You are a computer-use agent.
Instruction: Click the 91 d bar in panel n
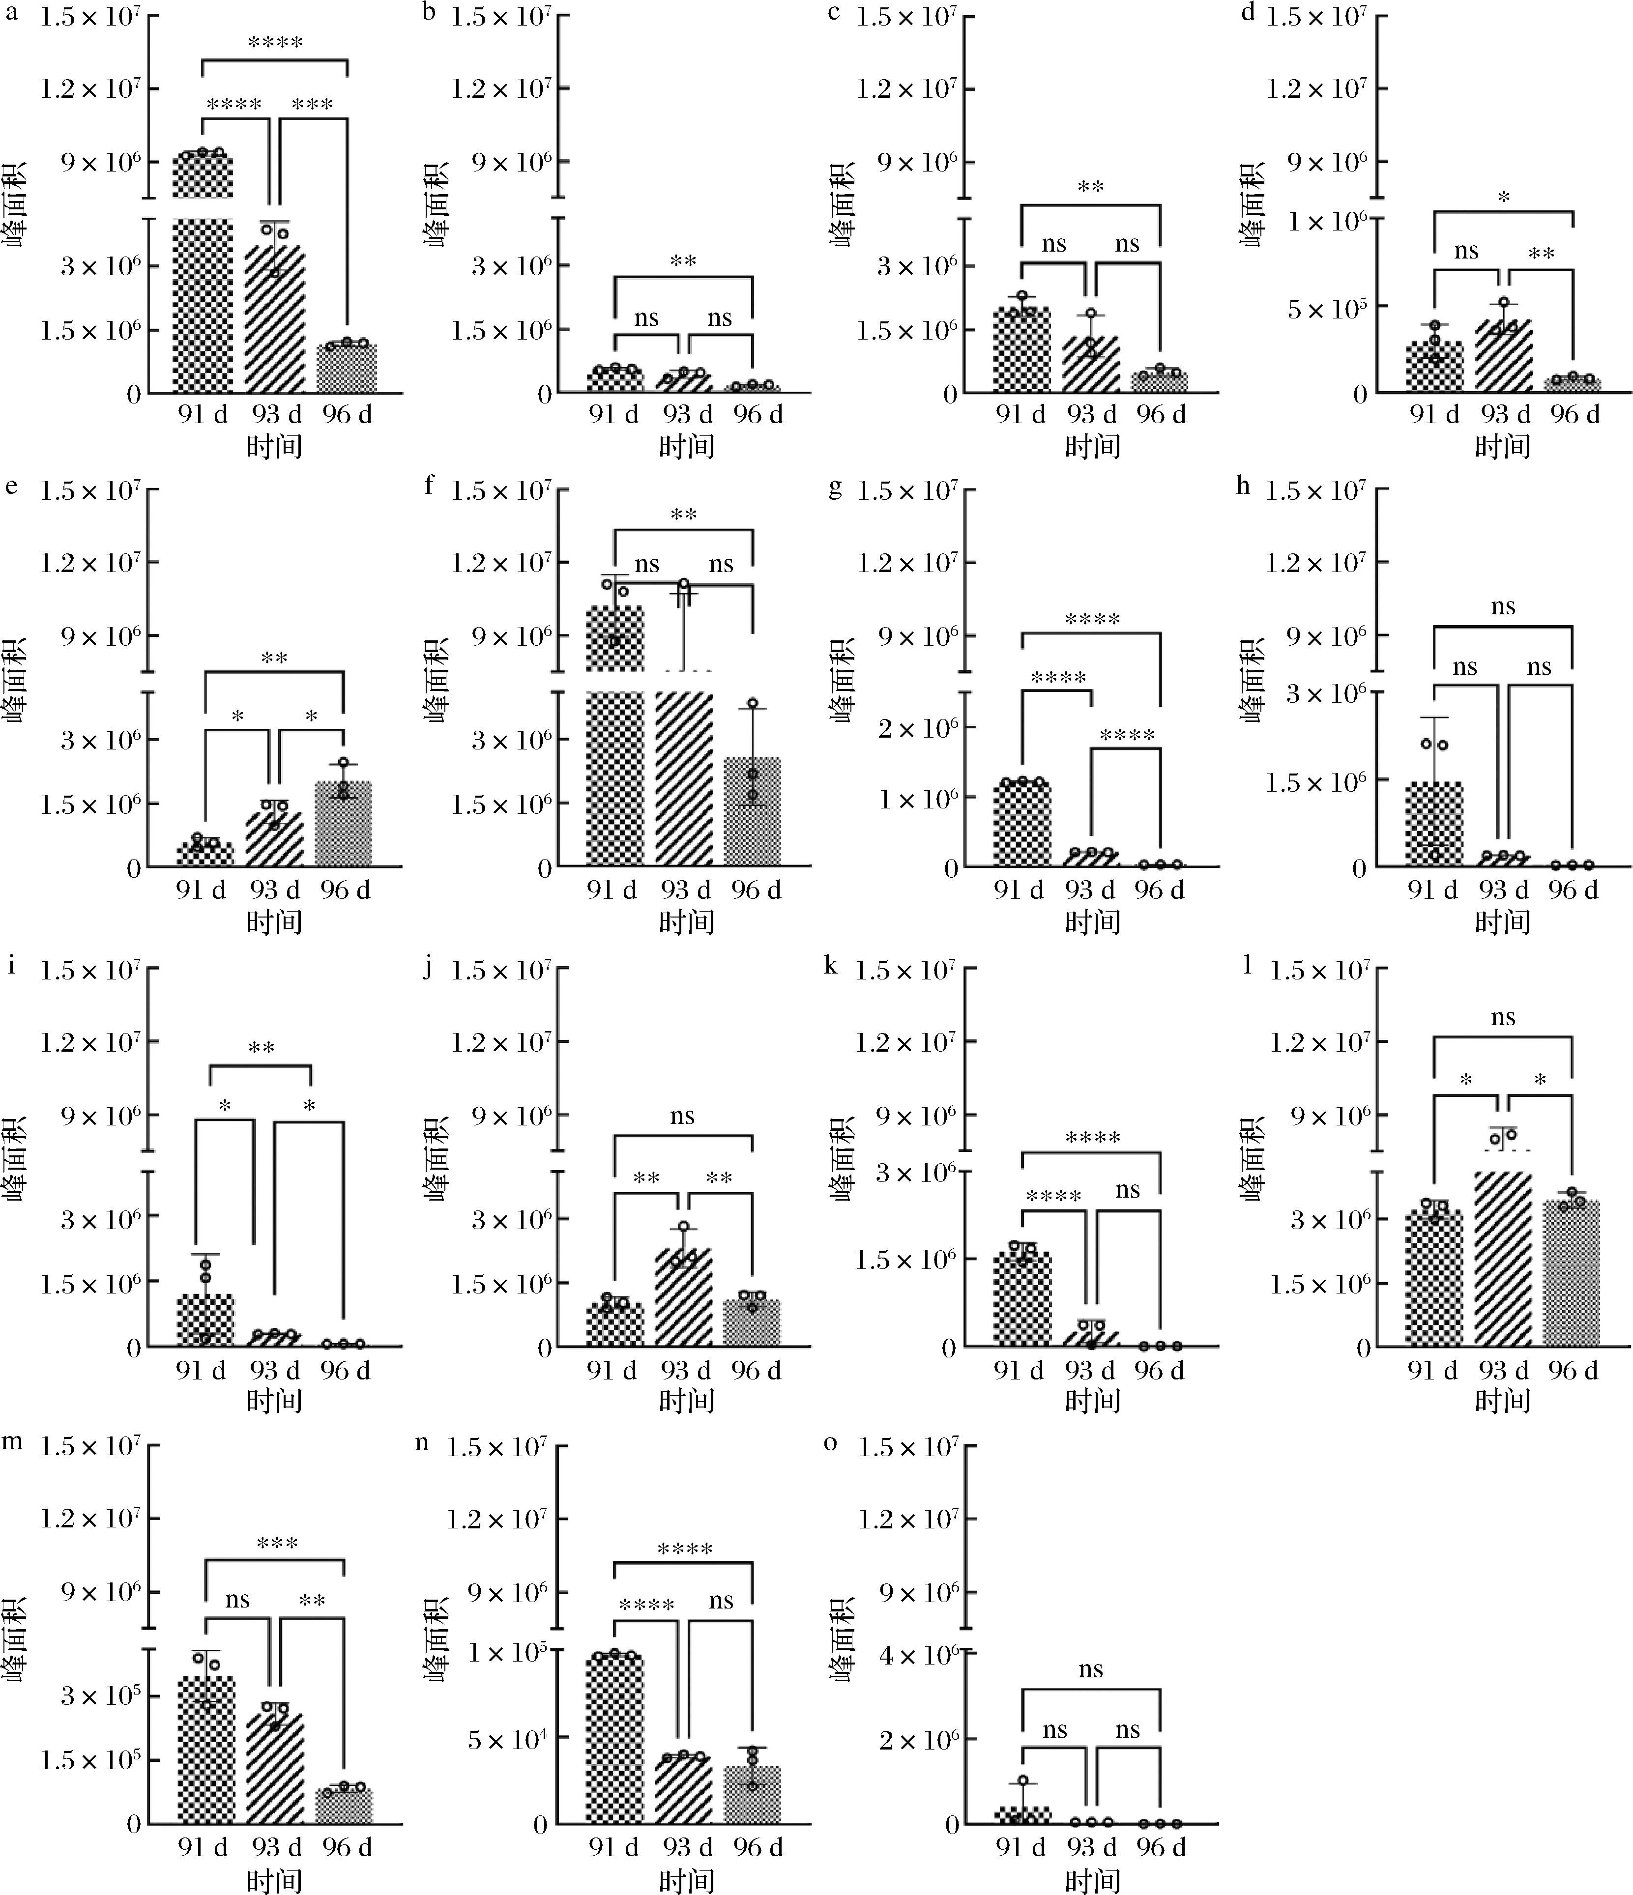pyautogui.click(x=614, y=1738)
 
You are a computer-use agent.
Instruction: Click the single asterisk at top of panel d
pyautogui.click(x=1503, y=198)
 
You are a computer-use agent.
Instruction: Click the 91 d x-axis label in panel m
pyautogui.click(x=203, y=1846)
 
